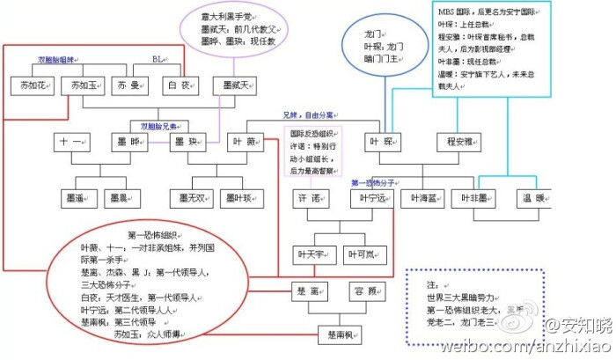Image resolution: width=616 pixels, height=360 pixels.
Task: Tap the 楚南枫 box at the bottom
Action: click(340, 335)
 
